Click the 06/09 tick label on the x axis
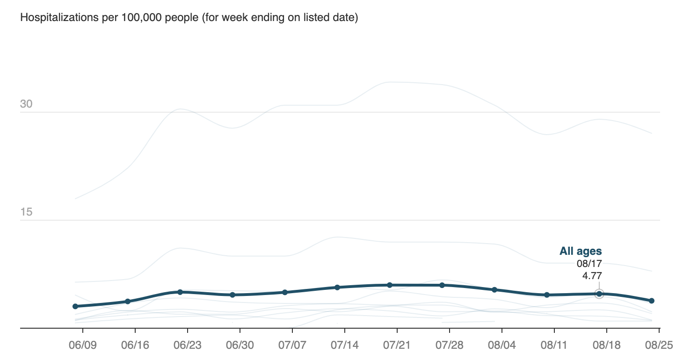click(83, 346)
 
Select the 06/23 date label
click(188, 346)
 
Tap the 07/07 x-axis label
click(292, 346)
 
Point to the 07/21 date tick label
click(397, 346)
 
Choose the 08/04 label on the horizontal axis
click(502, 346)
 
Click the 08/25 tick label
click(659, 346)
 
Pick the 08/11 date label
click(554, 346)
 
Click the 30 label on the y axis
click(26, 104)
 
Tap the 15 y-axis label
click(26, 212)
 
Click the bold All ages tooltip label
click(581, 252)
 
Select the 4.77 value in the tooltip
click(592, 275)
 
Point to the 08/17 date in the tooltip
click(589, 264)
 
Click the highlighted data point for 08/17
click(599, 294)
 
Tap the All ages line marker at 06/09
click(75, 306)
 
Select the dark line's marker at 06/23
click(180, 292)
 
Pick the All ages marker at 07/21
click(390, 285)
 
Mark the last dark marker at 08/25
click(652, 301)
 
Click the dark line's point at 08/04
click(494, 290)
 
